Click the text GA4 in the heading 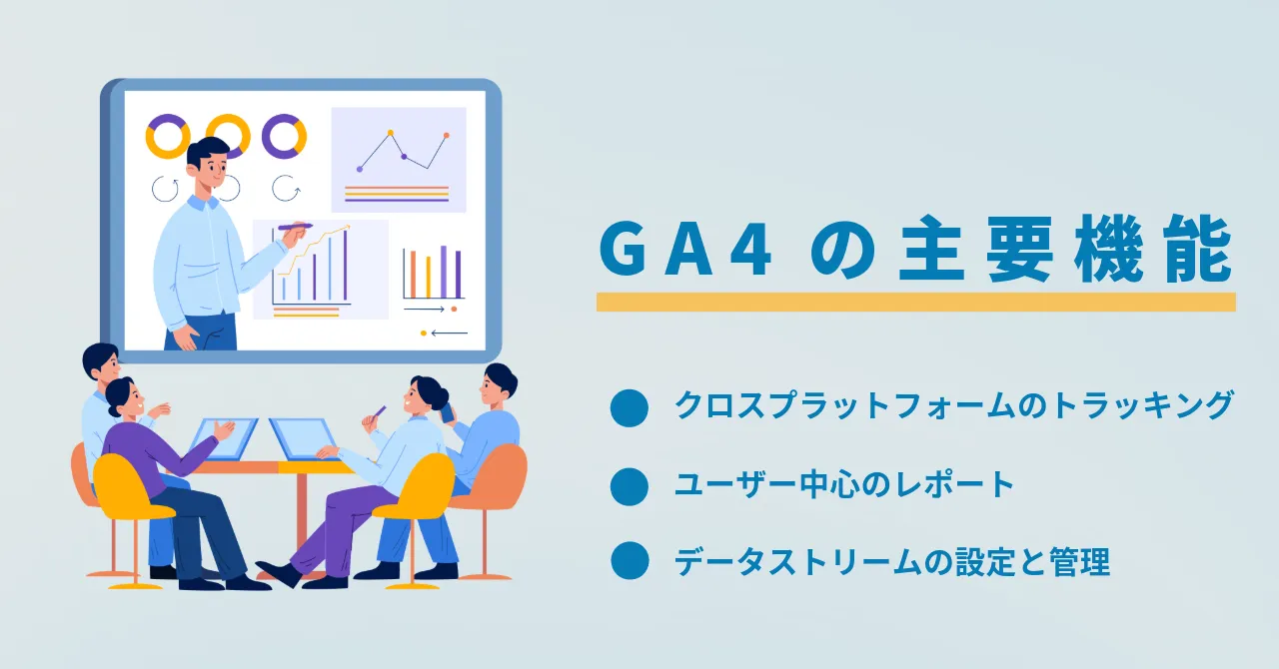click(685, 251)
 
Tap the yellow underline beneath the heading click(916, 302)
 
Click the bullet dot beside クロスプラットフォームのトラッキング click(630, 408)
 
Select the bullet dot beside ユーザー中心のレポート click(630, 487)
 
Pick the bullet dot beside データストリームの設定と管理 click(630, 561)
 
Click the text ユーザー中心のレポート click(844, 484)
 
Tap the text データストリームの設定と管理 click(892, 562)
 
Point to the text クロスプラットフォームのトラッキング click(953, 405)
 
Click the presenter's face click(211, 169)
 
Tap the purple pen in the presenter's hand click(295, 227)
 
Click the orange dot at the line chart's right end click(447, 135)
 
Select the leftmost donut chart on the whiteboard click(168, 137)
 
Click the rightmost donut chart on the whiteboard click(285, 137)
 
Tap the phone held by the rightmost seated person click(447, 412)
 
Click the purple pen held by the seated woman click(378, 412)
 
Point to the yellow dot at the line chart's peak click(391, 133)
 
